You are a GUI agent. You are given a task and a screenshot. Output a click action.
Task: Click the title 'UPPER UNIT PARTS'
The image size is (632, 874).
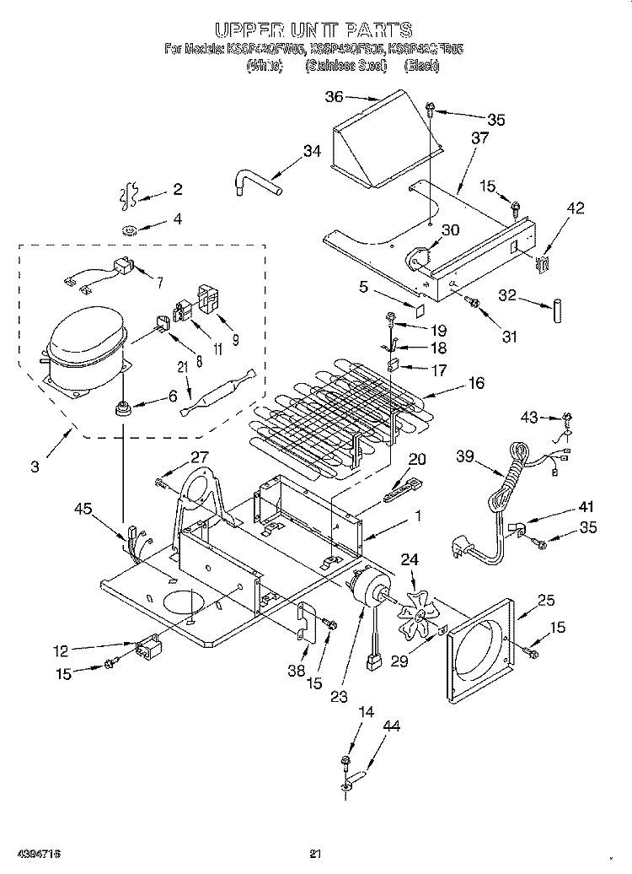click(313, 31)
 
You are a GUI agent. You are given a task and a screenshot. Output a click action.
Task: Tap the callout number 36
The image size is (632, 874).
click(335, 97)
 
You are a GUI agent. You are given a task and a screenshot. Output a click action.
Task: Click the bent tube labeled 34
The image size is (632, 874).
click(255, 181)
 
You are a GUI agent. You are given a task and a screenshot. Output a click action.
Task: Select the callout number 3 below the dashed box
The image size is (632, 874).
click(35, 467)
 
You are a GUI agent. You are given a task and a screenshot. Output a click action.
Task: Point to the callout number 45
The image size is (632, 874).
click(83, 509)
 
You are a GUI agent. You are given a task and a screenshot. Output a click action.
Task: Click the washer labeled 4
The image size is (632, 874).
click(131, 229)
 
